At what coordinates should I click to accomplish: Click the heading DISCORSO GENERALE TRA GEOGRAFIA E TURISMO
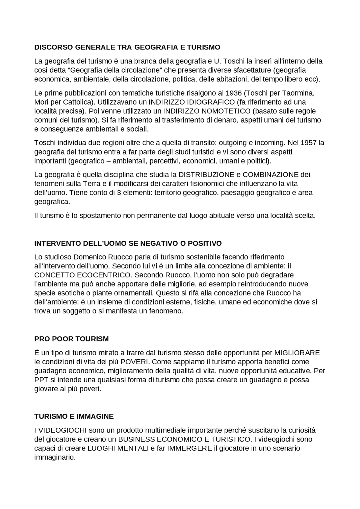pos(127,47)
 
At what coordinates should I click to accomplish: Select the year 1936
pos(233,93)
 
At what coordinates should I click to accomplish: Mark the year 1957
pos(309,142)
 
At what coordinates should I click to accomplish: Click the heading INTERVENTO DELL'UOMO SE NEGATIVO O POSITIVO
pos(128,243)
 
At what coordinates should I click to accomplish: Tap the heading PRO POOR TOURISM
pos(71,339)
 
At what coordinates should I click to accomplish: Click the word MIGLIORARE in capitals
pos(297,352)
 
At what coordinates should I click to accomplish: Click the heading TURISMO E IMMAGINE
pos(74,416)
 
